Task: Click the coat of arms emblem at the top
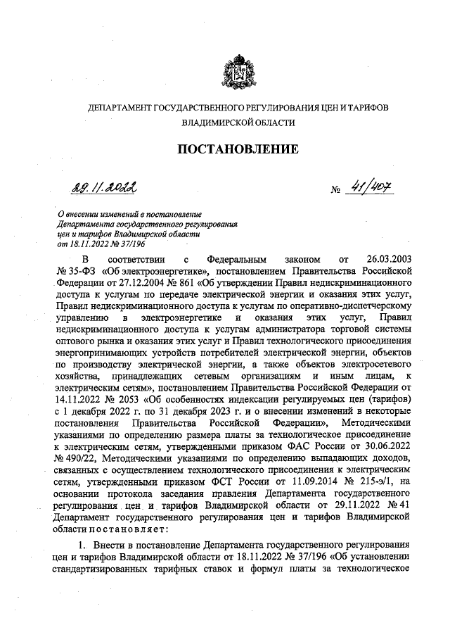pyautogui.click(x=237, y=70)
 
